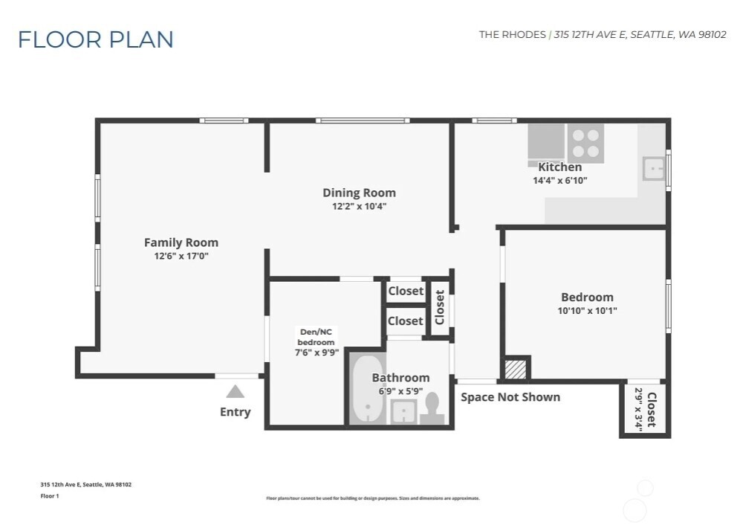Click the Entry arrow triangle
(235, 392)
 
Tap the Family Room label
(181, 242)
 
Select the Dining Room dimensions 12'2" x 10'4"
(359, 207)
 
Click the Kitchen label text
(559, 167)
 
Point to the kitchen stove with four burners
(585, 144)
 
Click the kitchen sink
(653, 169)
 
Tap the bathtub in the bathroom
(366, 389)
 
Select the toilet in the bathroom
(432, 408)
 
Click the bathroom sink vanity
(403, 411)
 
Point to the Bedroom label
(587, 297)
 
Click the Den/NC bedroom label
(317, 337)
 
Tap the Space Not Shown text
(510, 397)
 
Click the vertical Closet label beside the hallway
(439, 307)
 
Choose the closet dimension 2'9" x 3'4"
(637, 410)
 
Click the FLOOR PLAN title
(96, 39)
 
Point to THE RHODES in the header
(512, 35)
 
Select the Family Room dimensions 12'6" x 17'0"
(181, 257)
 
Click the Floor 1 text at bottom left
(49, 496)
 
